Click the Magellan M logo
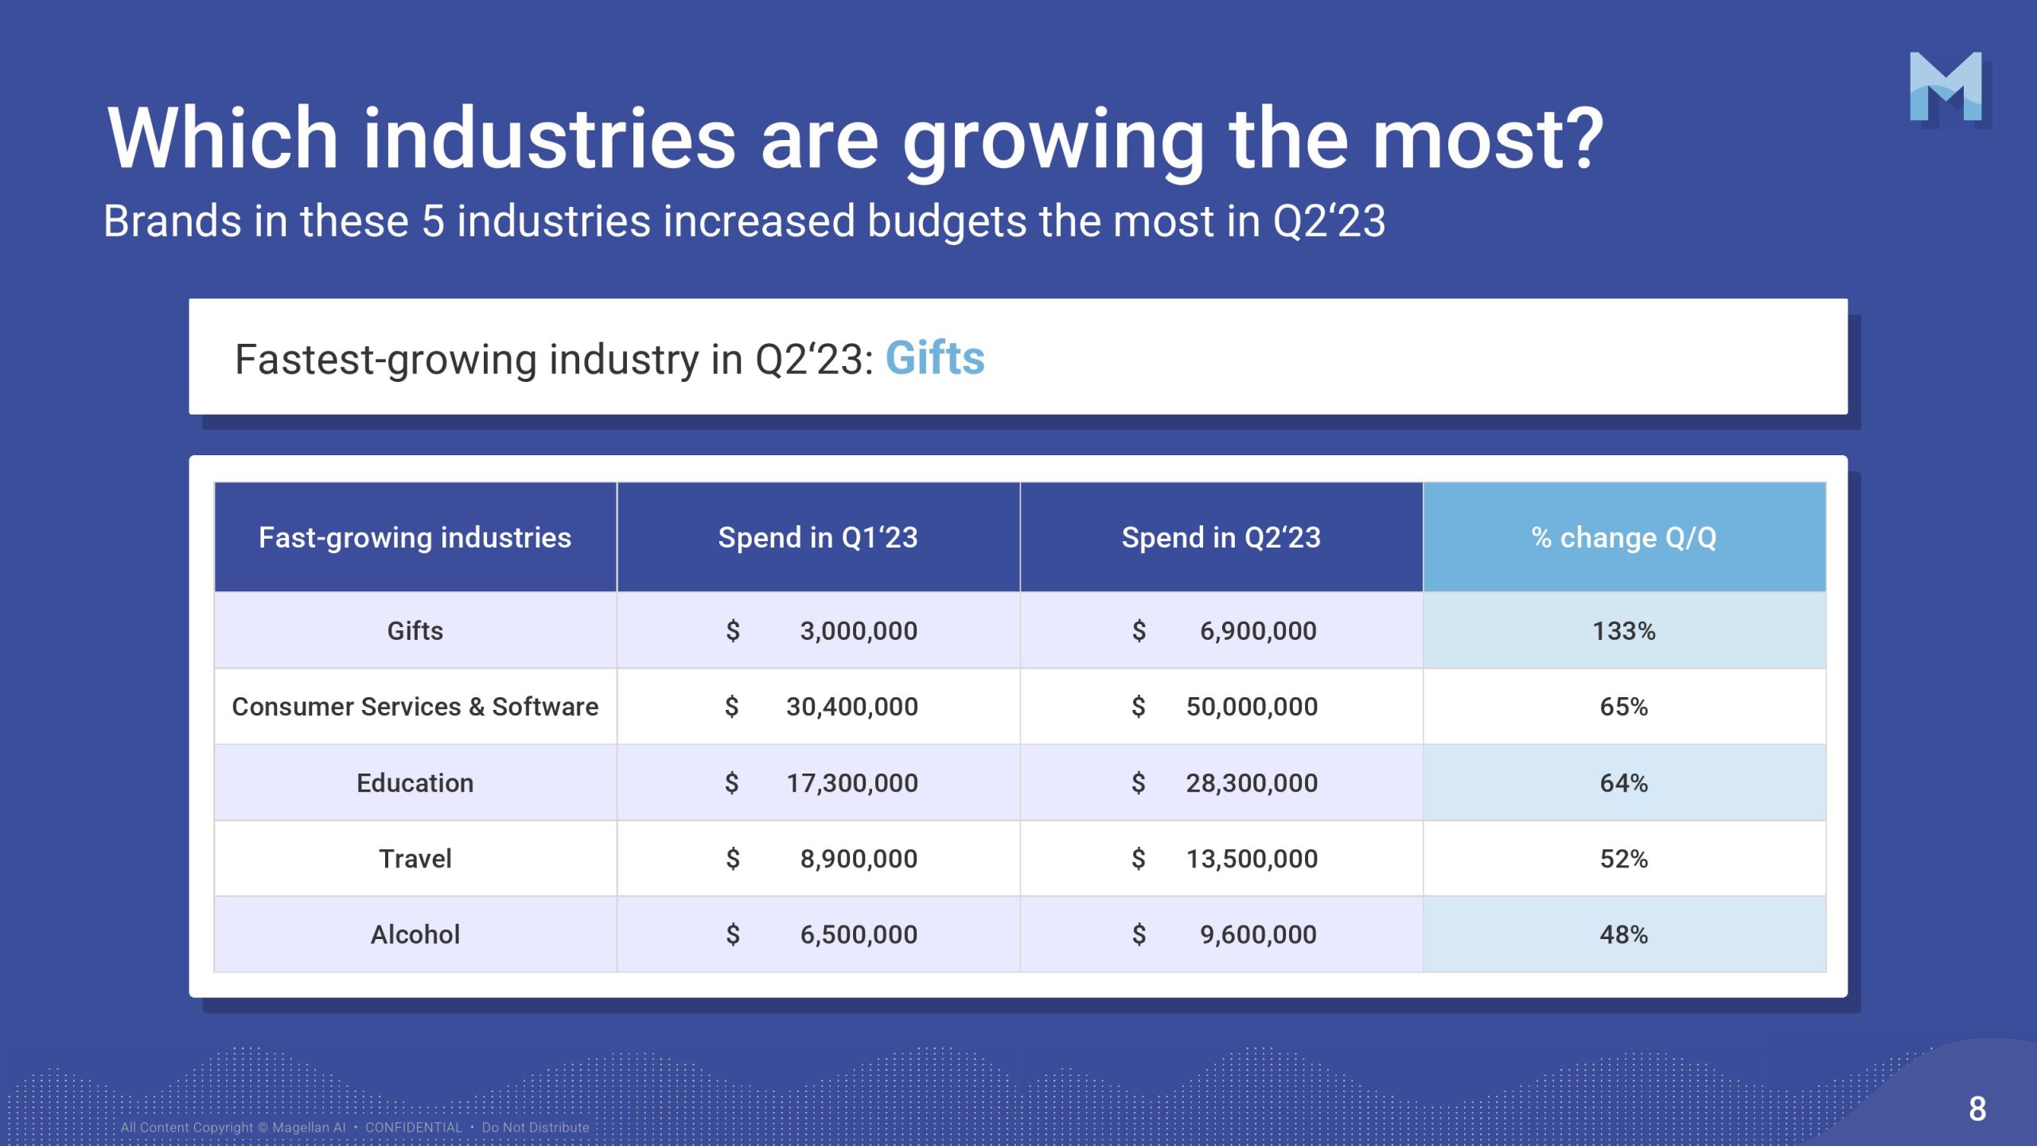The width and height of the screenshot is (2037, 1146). (1945, 88)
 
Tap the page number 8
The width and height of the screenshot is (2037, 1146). (1977, 1109)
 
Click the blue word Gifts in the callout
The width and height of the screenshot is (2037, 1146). (935, 358)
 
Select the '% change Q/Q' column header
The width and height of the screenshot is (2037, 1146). (1624, 538)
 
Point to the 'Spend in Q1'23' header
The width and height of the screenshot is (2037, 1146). (818, 538)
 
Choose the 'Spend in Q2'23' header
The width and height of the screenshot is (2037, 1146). (1221, 538)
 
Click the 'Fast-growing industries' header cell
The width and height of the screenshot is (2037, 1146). (415, 538)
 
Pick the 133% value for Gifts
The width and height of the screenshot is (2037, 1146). (1624, 631)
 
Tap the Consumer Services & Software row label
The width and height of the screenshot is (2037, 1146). (415, 707)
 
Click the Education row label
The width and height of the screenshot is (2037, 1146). (415, 783)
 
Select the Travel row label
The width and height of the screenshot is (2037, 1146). (415, 859)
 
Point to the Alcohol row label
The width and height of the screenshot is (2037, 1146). (415, 934)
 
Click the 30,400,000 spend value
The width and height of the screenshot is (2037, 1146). (851, 707)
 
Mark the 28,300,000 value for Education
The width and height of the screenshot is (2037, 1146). (1252, 783)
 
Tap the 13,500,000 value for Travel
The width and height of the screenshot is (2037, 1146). (1252, 859)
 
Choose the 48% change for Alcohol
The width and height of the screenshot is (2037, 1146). (1624, 934)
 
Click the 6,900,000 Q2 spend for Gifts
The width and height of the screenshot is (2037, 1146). (1258, 631)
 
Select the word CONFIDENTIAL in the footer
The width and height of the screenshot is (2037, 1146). (414, 1128)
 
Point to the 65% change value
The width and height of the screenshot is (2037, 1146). (1624, 707)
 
